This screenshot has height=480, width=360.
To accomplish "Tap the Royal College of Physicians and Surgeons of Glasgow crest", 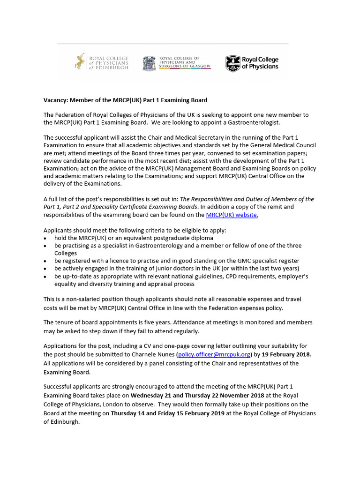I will click(149, 63).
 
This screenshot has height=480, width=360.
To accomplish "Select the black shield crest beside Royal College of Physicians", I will click(232, 63).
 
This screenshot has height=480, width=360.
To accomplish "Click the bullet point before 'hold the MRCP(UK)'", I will click(45, 239).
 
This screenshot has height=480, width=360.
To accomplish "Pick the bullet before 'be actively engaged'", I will click(45, 269).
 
